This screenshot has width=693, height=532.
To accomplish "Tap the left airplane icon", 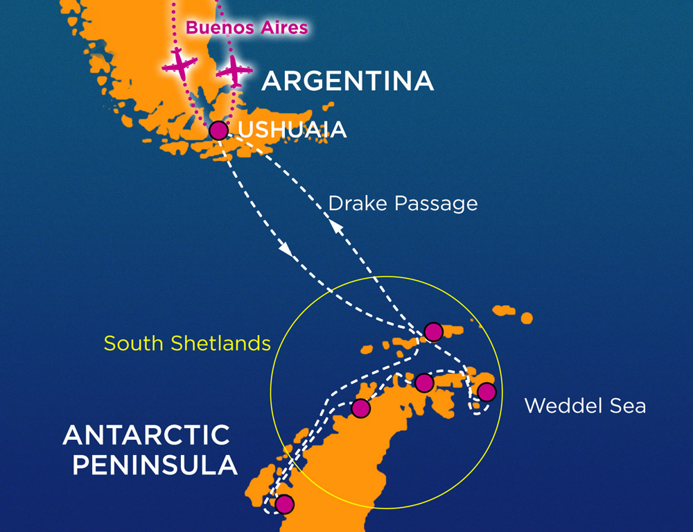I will click(x=179, y=65).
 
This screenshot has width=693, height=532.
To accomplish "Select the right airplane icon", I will click(x=234, y=69).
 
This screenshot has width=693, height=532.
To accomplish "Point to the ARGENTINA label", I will click(x=347, y=81).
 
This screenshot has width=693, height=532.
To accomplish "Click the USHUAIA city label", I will click(x=292, y=130).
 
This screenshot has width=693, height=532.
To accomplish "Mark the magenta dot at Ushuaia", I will click(x=218, y=130).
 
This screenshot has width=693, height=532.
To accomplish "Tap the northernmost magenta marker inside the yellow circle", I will click(x=433, y=332).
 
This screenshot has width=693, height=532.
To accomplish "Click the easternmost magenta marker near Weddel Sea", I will click(x=486, y=392).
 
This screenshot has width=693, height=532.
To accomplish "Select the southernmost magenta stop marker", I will click(x=284, y=504).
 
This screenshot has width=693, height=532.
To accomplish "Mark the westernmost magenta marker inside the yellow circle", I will click(x=360, y=409).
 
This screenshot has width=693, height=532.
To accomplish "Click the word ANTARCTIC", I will click(x=146, y=435).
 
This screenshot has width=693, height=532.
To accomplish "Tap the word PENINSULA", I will click(x=155, y=465).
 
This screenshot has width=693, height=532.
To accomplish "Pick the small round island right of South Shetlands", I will click(x=527, y=318).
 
